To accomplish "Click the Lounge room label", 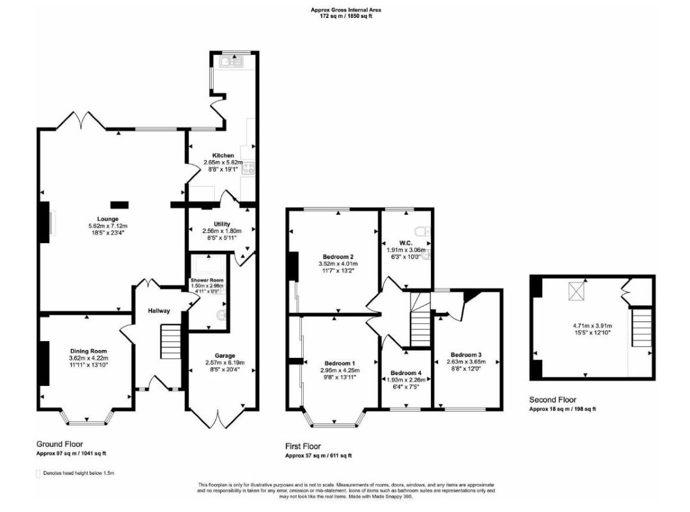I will [99, 219].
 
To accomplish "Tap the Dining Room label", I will [88, 351].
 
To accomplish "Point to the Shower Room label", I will [207, 280].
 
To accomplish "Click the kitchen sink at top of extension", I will [231, 62].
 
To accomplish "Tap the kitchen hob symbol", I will [248, 169].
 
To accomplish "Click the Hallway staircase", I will [169, 342].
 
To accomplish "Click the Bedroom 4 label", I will [406, 373].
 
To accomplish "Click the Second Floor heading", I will [553, 400].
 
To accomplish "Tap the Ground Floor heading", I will [59, 444].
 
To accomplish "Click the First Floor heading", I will [303, 446].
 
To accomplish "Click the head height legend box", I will [38, 474].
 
